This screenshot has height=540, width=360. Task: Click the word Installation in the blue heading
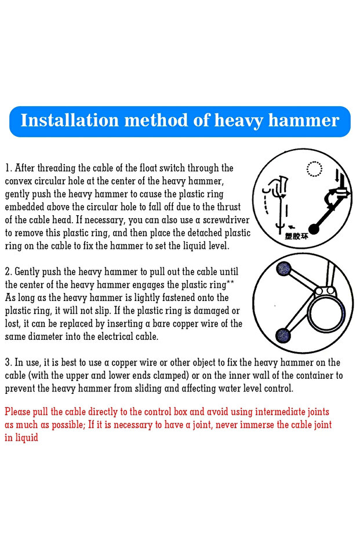click(x=70, y=120)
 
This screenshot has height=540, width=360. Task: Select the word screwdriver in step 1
click(x=226, y=220)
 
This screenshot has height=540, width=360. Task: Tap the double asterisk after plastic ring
click(x=230, y=282)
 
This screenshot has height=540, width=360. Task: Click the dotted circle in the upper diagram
click(x=314, y=169)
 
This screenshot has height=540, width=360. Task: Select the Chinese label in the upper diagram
click(x=297, y=236)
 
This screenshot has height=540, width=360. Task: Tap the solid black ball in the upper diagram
click(x=314, y=229)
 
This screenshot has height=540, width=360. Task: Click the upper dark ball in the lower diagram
click(x=284, y=269)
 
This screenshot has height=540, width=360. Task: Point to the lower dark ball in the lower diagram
click(x=283, y=335)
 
